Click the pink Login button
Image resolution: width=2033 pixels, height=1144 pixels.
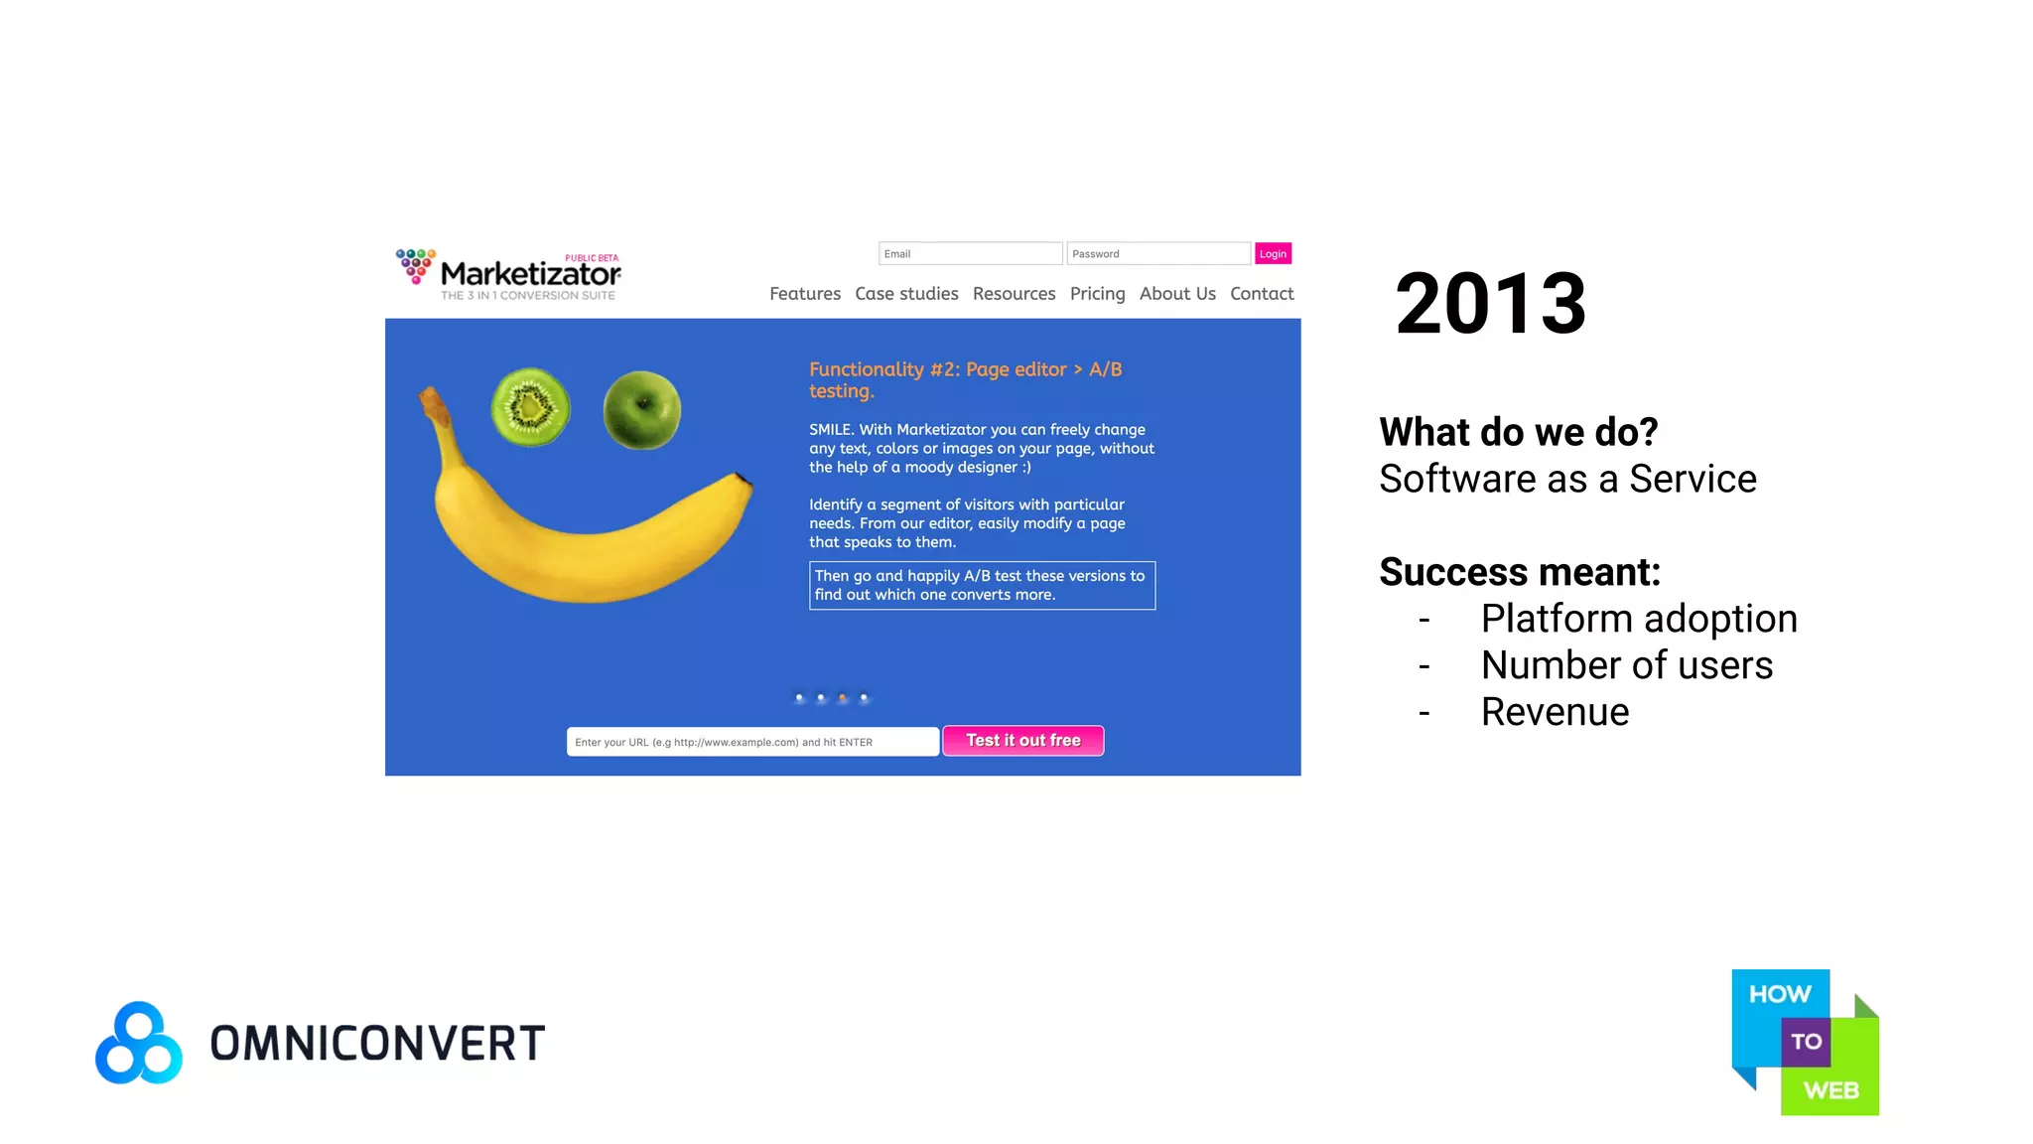[x=1273, y=254]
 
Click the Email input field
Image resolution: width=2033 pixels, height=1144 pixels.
[x=970, y=254]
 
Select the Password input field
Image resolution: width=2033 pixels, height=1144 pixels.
[x=1157, y=254]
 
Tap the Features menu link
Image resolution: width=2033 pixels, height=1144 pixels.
[x=804, y=294]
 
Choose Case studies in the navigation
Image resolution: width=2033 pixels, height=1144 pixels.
[x=906, y=294]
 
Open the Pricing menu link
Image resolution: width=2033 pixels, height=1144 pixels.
[x=1097, y=294]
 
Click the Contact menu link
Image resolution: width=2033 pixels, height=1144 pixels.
[x=1262, y=294]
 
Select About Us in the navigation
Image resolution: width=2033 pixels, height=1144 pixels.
[x=1177, y=294]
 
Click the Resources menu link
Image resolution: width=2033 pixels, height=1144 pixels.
[x=1014, y=294]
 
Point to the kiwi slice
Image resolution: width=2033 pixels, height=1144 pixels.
[x=531, y=406]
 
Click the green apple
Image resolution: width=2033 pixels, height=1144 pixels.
[x=642, y=409]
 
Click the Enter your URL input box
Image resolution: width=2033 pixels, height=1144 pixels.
[x=752, y=742]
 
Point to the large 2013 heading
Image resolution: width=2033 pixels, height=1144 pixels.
[x=1490, y=304]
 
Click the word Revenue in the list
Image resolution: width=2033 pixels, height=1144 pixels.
[x=1555, y=712]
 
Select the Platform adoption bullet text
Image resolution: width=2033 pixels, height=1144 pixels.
[x=1638, y=619]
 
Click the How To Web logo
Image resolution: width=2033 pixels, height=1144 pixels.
[x=1805, y=1042]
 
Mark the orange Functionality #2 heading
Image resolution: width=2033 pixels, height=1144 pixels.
[x=965, y=380]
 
